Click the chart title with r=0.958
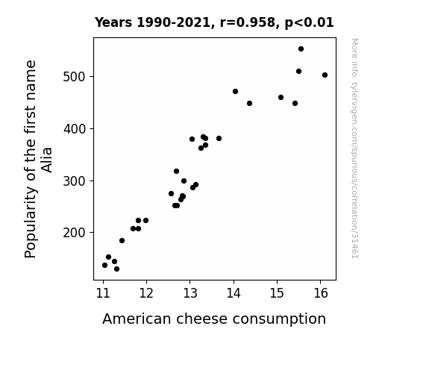214,22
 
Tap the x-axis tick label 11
103,293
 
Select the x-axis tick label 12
146,293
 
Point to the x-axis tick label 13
190,293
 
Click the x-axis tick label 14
234,293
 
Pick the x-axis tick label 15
277,293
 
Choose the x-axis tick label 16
320,293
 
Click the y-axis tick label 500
74,77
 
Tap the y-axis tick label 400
74,128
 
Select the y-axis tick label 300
74,181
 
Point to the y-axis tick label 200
74,233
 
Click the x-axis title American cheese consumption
214,319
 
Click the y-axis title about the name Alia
38,159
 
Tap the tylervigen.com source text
354,148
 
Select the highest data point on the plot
301,49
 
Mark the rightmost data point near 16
325,75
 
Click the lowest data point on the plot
117,269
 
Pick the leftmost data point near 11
104,265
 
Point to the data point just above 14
235,92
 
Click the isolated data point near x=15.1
281,98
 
